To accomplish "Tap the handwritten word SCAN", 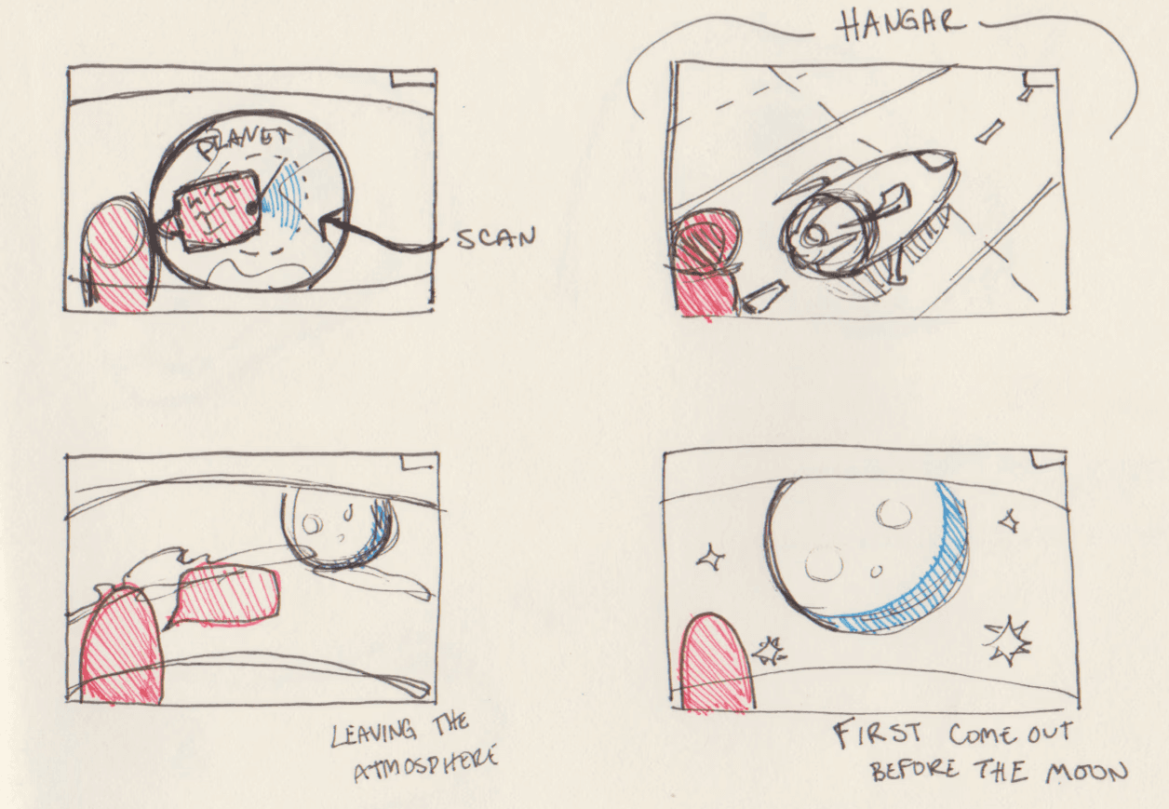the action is [x=496, y=238].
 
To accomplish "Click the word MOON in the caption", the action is [x=1086, y=773].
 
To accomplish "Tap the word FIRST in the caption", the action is [x=879, y=733].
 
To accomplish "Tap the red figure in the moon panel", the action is [x=719, y=663].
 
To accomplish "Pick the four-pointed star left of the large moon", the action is [x=711, y=559].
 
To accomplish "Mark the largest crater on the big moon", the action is [x=824, y=563].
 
